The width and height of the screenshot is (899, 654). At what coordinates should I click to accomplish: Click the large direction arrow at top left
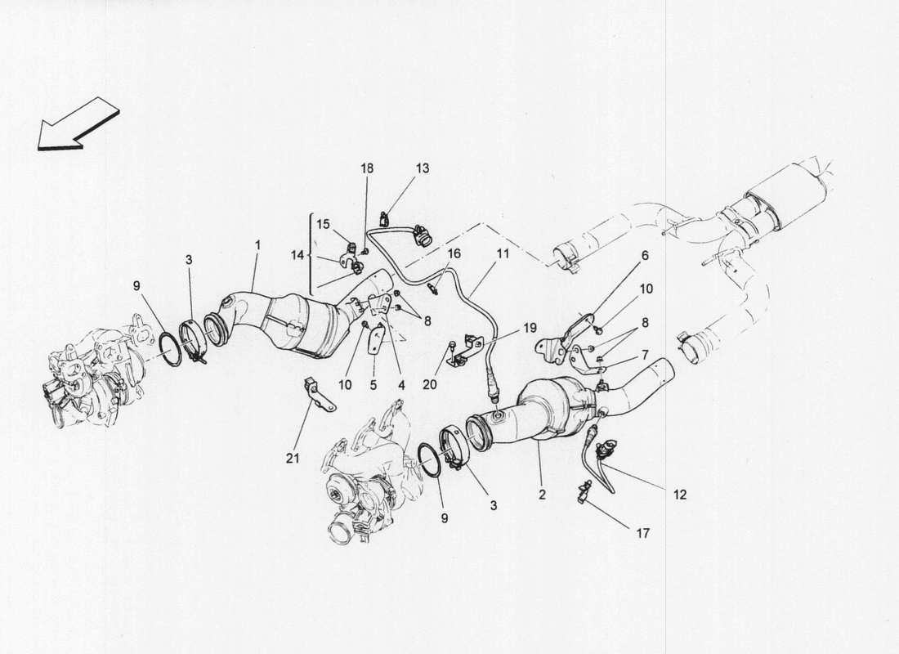click(78, 125)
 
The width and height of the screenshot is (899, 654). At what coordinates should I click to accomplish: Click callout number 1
click(258, 244)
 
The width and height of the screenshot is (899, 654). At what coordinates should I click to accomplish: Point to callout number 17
click(642, 534)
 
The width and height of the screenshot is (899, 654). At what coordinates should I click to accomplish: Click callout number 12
click(680, 494)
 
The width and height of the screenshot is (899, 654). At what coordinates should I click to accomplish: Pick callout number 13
click(423, 168)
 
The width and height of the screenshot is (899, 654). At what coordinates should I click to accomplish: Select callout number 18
click(367, 168)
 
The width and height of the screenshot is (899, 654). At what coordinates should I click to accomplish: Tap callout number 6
click(644, 255)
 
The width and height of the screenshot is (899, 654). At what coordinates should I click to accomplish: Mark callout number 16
click(454, 254)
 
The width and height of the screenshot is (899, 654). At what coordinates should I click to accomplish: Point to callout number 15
click(324, 223)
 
